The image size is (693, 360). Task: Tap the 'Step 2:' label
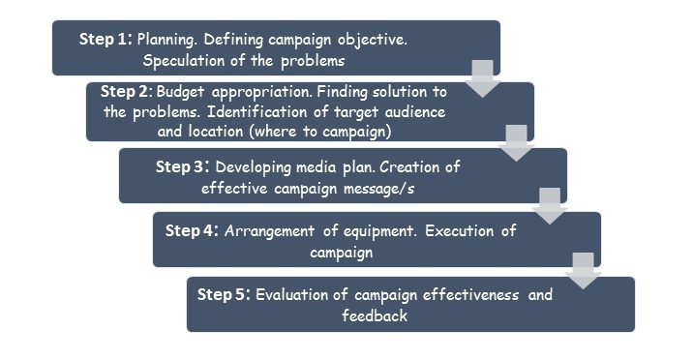(126, 92)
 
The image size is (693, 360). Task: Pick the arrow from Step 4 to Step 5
(584, 270)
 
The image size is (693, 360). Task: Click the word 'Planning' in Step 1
(166, 42)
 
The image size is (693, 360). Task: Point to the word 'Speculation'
(183, 61)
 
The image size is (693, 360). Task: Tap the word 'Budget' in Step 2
(180, 92)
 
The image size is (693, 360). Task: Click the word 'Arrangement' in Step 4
(277, 231)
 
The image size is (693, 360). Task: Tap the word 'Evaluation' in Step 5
(299, 295)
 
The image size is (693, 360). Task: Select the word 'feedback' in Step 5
(374, 315)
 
